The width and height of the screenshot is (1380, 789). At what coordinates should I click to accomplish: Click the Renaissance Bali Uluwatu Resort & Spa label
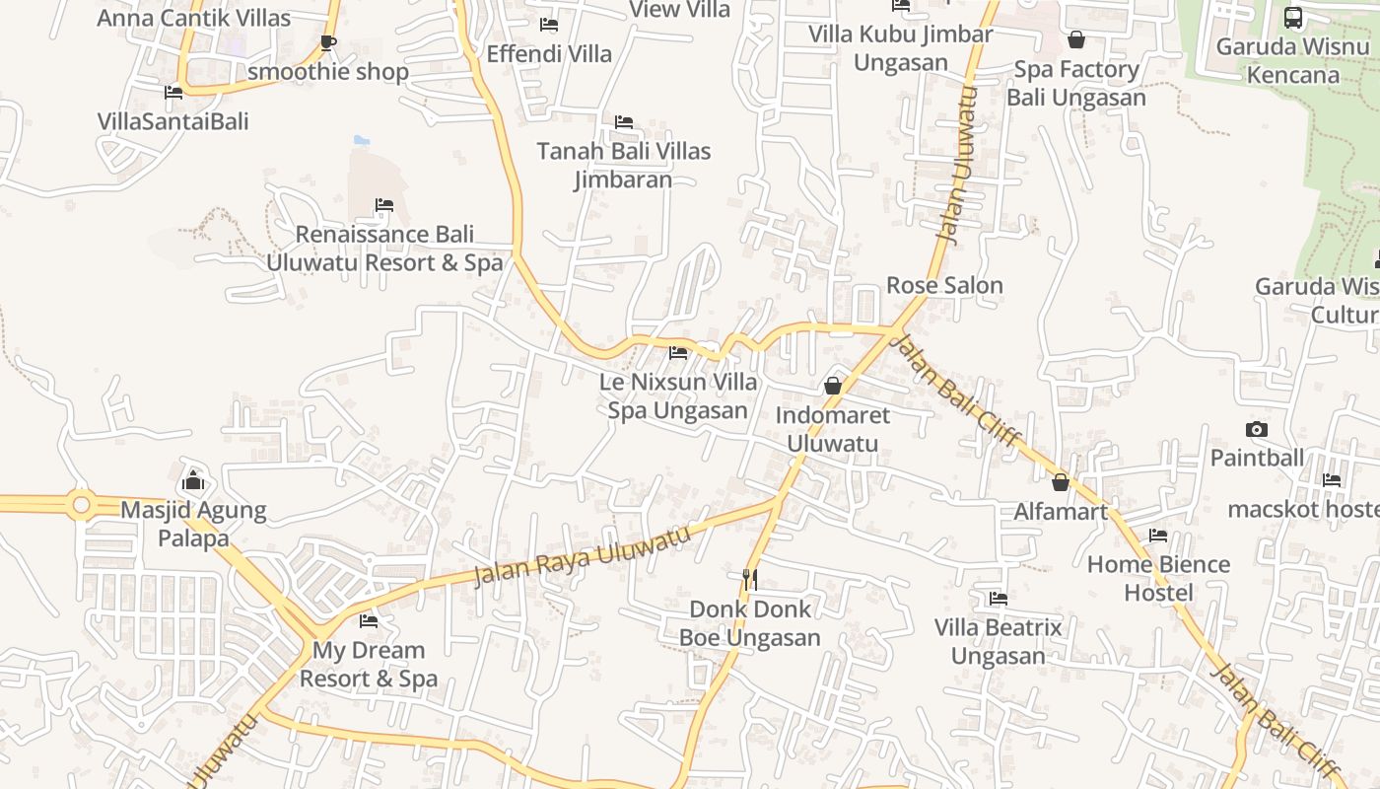click(384, 249)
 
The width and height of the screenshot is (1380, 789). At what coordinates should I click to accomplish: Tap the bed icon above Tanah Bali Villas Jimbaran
click(624, 122)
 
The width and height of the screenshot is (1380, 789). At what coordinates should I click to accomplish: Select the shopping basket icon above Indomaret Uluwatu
click(833, 386)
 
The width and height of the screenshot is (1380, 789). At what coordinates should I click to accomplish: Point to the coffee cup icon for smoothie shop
click(328, 42)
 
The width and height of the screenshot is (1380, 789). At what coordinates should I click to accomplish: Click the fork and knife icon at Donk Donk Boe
click(750, 579)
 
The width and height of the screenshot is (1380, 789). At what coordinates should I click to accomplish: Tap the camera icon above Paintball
click(1256, 429)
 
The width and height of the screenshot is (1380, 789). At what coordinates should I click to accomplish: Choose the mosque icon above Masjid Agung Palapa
click(193, 480)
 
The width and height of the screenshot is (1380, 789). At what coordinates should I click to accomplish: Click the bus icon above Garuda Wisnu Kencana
click(1292, 17)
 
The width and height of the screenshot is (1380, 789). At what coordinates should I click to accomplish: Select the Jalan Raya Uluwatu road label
click(581, 556)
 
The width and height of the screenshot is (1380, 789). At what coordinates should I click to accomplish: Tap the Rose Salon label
click(944, 285)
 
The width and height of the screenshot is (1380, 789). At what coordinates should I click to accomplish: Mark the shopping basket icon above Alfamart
click(1061, 482)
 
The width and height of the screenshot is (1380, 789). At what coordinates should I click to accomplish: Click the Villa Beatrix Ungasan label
click(999, 641)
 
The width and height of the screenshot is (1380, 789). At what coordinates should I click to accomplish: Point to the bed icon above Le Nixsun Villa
click(678, 352)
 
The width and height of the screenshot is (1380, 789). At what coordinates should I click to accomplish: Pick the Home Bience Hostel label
click(1158, 578)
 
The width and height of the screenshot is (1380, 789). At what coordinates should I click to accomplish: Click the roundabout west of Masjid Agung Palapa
click(81, 505)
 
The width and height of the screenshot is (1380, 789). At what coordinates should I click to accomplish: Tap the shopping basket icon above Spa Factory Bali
click(1076, 39)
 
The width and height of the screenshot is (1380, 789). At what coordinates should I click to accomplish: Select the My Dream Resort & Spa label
click(369, 664)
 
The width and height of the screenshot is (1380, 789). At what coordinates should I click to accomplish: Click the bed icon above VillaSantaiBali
click(173, 93)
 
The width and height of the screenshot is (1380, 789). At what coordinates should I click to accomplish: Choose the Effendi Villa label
click(549, 53)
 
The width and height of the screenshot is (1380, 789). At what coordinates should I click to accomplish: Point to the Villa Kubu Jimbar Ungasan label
click(901, 47)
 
